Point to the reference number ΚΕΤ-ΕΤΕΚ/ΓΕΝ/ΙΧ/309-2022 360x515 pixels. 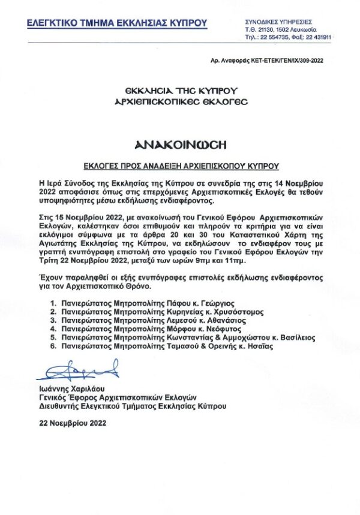tap(287, 61)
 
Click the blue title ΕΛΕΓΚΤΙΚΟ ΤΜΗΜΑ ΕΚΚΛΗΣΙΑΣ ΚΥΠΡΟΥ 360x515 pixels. tap(117, 23)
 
